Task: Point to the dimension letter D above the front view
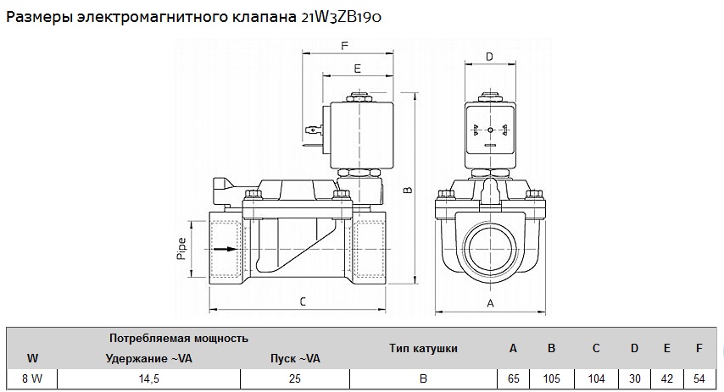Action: pos(489,57)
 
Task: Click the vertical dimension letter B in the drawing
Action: pos(407,190)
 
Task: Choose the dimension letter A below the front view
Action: pos(490,302)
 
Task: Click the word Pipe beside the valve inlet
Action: pos(181,250)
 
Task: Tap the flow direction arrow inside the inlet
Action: pos(223,249)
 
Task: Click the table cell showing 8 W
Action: pos(32,378)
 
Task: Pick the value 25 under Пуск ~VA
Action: pos(295,378)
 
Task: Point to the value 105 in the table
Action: pos(551,378)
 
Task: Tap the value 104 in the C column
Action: pos(595,378)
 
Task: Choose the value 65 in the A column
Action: pos(513,378)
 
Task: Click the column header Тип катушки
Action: pos(423,348)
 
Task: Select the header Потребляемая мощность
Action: pos(179,338)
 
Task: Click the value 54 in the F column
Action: pos(698,378)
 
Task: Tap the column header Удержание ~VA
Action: pos(149,358)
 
